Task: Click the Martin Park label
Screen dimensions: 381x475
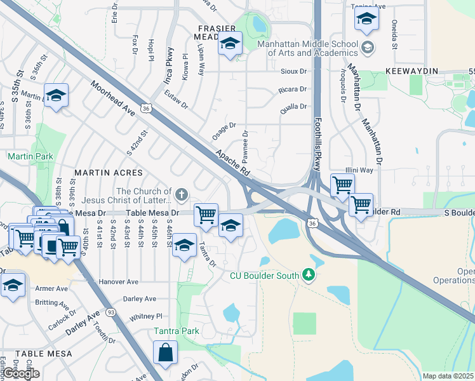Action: (x=21, y=156)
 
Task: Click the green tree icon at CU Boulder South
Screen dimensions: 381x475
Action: (x=309, y=274)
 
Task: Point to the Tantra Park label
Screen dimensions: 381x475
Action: (x=176, y=331)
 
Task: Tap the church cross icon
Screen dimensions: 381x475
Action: (x=181, y=194)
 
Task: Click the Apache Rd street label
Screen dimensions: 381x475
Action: (x=232, y=163)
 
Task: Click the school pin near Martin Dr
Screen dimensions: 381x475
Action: (x=57, y=97)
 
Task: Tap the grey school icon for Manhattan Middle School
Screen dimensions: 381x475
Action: (x=367, y=48)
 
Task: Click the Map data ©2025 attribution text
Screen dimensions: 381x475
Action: (x=448, y=376)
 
